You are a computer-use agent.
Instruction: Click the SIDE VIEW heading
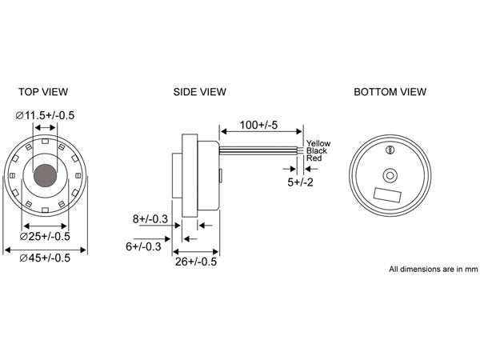200,92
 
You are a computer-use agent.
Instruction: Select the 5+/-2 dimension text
301,182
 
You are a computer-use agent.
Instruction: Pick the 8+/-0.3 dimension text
149,218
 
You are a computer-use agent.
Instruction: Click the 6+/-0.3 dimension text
143,246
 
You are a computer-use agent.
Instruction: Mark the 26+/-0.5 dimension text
196,262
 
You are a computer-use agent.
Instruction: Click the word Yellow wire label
318,143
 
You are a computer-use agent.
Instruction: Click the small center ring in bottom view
390,175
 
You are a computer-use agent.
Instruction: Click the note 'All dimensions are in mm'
433,270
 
